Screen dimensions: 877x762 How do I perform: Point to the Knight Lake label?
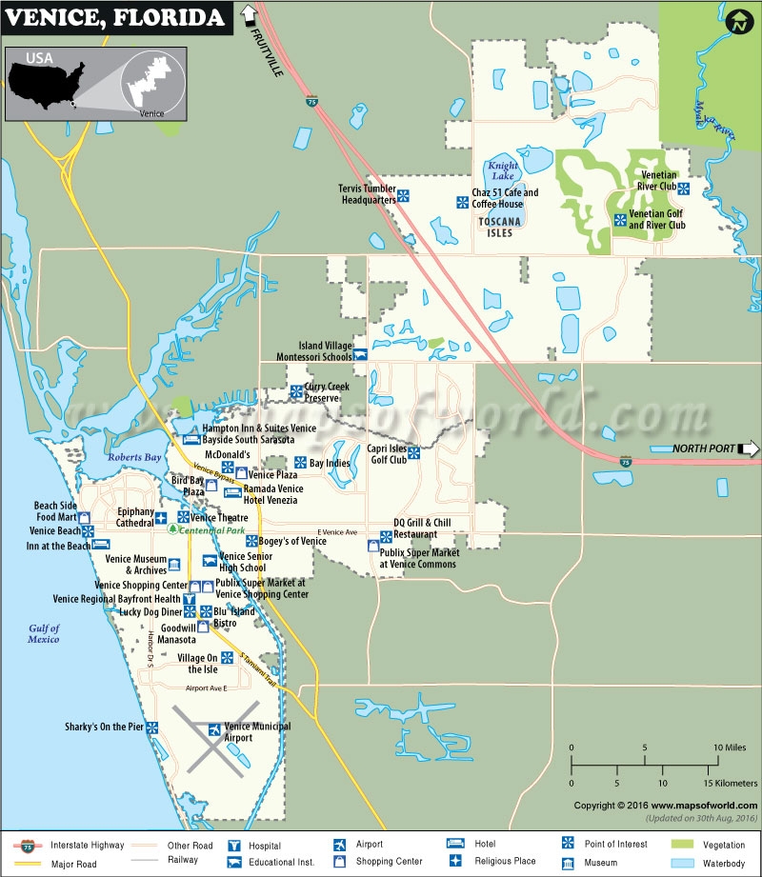(501, 170)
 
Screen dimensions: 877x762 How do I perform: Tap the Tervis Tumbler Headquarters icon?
(404, 195)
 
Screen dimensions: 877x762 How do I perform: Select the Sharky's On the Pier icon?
(152, 728)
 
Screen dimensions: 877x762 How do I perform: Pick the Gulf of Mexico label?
(44, 633)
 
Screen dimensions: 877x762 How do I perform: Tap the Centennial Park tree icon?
(172, 528)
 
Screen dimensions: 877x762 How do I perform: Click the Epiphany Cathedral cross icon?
(162, 517)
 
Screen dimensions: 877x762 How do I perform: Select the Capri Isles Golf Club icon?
(415, 453)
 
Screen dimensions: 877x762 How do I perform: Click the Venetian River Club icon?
(684, 187)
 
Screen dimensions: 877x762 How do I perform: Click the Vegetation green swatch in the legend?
(684, 845)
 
